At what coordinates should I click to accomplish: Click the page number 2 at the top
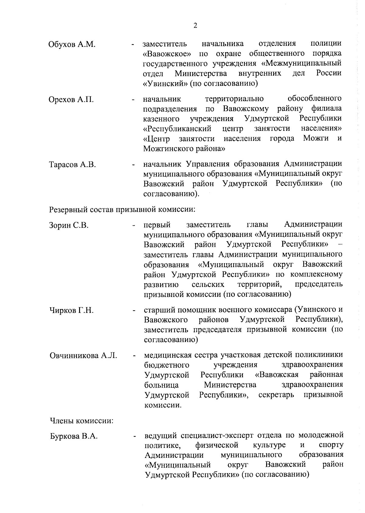[x=195, y=26]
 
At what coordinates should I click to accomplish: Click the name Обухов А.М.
[x=72, y=45]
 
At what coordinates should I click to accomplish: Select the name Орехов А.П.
[x=71, y=99]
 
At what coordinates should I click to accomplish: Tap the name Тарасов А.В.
[x=72, y=165]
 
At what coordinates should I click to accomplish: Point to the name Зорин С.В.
[x=69, y=225]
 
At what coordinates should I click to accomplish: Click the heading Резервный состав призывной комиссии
[x=122, y=210]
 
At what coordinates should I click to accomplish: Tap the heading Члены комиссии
[x=82, y=421]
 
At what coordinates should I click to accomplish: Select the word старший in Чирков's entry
[x=159, y=310]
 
